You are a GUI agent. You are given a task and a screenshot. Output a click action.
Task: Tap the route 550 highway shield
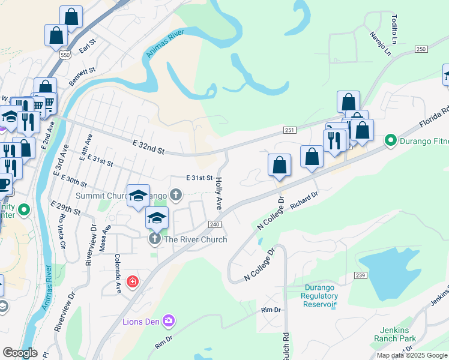click(65, 55)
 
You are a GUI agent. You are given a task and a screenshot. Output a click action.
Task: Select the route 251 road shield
click(289, 130)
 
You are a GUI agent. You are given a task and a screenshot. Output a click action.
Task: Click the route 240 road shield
click(215, 224)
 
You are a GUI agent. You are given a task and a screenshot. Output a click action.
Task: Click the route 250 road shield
click(421, 49)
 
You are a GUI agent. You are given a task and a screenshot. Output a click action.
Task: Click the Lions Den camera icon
click(170, 322)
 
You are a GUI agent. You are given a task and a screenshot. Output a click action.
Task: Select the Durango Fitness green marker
click(391, 141)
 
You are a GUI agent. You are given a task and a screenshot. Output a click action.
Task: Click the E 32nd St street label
click(148, 147)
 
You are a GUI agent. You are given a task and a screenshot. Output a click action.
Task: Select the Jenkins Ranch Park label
click(398, 334)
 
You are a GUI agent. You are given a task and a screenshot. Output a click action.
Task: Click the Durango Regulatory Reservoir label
click(320, 296)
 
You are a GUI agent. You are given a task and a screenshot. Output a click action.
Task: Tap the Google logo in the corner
click(20, 353)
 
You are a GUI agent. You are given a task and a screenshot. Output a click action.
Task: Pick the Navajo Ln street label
click(381, 44)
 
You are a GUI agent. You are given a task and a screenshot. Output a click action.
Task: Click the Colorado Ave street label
click(118, 274)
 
